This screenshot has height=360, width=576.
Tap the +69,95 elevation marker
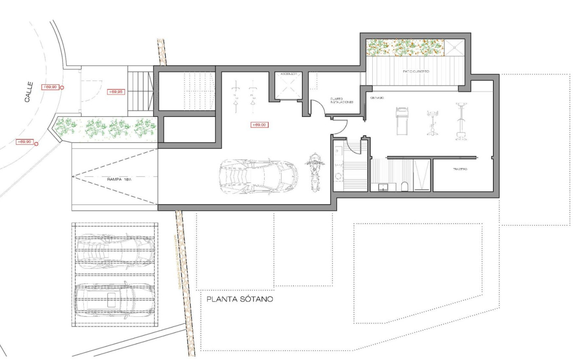pos(116,91)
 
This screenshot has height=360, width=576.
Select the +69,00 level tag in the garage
pos(259,125)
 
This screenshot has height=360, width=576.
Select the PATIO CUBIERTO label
pos(415,72)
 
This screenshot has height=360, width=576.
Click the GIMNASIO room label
pos(377,98)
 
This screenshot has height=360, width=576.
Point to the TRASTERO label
pos(460,169)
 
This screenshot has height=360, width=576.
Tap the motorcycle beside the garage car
pos(313,172)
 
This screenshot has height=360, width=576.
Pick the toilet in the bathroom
pos(404,186)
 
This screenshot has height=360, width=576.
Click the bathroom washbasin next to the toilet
pos(384,186)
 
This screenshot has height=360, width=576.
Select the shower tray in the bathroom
pos(422,175)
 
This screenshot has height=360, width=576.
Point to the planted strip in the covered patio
pos(404,47)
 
